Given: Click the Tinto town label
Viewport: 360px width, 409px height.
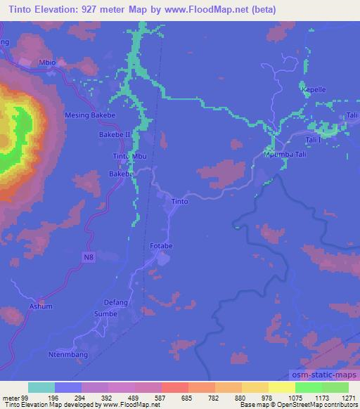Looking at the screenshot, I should (x=180, y=202).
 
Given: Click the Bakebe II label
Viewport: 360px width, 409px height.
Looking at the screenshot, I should (x=115, y=133).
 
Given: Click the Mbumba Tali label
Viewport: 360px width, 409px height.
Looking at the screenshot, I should (x=285, y=154).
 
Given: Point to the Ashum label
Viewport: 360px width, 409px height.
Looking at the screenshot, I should (x=41, y=307).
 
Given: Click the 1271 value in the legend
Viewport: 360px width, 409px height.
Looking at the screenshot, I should (x=349, y=397).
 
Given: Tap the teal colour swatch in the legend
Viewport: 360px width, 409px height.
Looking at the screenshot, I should (x=41, y=387).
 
